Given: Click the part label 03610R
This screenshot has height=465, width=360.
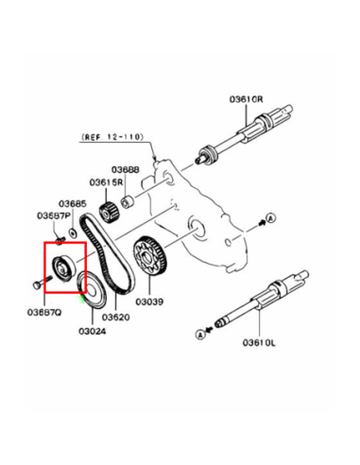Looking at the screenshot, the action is coord(246,99).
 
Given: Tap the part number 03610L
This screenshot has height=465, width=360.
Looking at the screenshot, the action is coord(259,342).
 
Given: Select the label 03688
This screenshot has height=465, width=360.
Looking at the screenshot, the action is coord(126,169).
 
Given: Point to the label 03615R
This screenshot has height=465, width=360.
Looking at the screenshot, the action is coord(106,182).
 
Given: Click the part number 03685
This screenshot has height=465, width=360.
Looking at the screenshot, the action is coord(73,204).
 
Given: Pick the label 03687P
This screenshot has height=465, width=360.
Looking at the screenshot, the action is coord(54,216).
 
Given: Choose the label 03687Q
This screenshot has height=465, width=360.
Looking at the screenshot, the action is coord(44,313).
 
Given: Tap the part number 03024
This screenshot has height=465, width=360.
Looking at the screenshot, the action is coord(93,331).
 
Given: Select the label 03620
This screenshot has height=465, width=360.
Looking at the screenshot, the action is coord(116,317).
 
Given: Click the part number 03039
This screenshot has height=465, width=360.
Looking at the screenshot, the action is coord(149,301).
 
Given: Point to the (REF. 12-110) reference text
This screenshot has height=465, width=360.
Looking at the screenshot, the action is coord(112,137).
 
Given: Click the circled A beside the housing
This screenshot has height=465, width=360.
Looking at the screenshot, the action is coord(271,217).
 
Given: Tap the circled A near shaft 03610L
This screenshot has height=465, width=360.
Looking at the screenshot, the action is coord(200,335).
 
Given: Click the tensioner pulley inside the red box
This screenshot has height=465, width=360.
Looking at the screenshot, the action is coord(64,267).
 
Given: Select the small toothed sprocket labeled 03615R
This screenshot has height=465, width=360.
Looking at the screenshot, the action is coord(109,213).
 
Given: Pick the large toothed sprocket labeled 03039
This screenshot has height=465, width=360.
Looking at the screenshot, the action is coord(151,256).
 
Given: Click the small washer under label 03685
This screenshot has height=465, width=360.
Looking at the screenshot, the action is coord(74,233).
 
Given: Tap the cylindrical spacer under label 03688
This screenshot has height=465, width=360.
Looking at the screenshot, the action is coord(128,202).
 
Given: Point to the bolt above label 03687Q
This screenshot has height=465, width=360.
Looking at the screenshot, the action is coord(43,282).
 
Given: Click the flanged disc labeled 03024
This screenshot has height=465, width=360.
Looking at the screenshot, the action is coord(92,290).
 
